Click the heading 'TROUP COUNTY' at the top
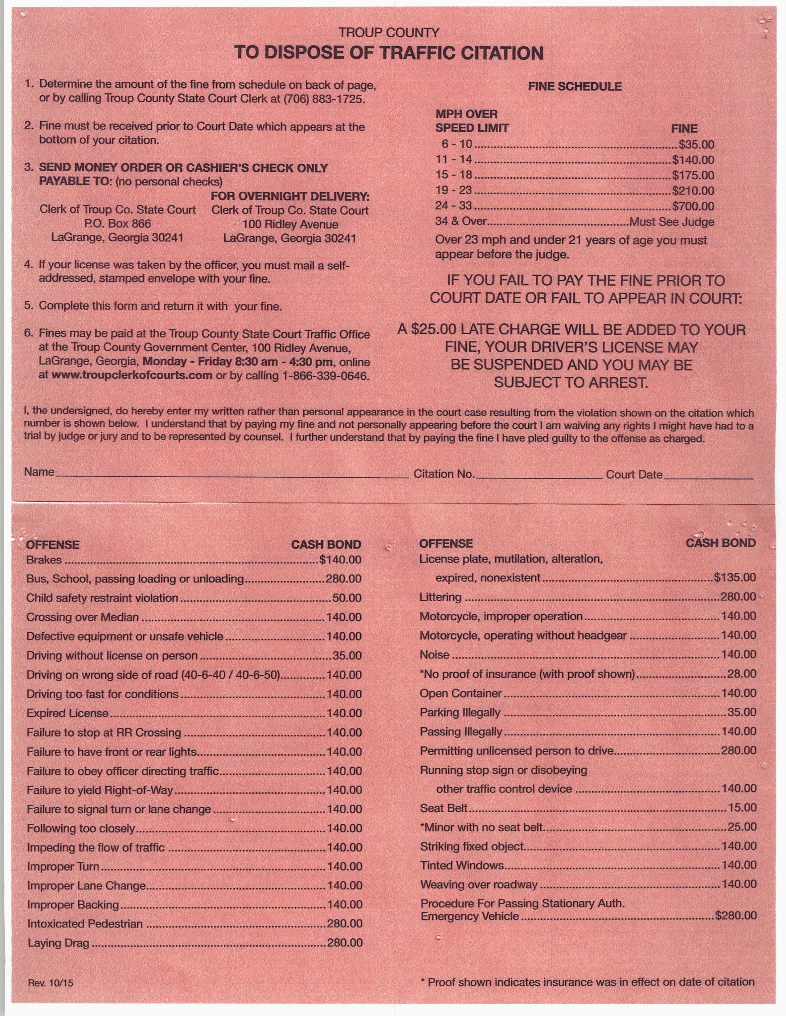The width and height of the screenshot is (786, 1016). tap(389, 33)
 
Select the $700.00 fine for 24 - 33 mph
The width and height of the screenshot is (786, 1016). tap(693, 206)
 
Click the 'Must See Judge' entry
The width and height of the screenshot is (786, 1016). tap(672, 222)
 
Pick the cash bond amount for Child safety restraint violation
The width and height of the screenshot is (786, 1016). tap(347, 598)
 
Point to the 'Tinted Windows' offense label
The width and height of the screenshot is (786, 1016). tap(462, 865)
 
